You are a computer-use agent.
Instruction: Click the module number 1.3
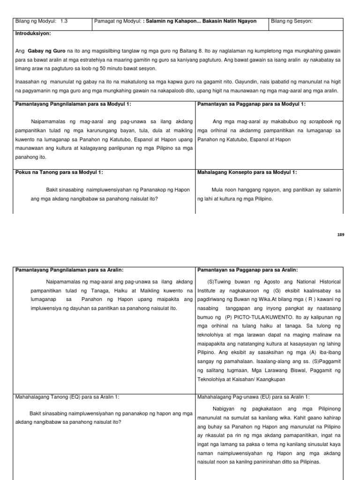(65, 22)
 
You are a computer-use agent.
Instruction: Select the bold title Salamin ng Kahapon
(167, 22)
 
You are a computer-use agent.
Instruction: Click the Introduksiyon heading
(33, 34)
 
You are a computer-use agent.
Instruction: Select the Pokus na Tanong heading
(59, 172)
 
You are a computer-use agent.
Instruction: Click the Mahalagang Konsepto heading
(247, 172)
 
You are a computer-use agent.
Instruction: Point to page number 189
(340, 234)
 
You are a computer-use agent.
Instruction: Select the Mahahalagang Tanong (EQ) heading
(67, 383)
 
